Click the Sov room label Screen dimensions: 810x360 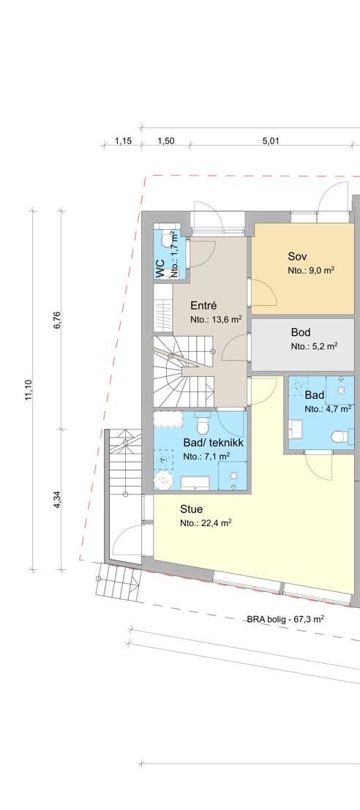click(x=297, y=256)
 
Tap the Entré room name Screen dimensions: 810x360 click(x=204, y=306)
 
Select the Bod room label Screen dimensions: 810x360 click(x=301, y=332)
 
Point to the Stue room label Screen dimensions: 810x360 click(x=191, y=509)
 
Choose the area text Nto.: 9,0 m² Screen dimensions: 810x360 click(x=311, y=270)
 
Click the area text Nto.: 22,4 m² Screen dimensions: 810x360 click(x=206, y=523)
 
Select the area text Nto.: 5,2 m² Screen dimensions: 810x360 click(x=314, y=346)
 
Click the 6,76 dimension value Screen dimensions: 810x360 click(x=57, y=322)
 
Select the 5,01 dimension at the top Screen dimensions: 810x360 click(x=271, y=142)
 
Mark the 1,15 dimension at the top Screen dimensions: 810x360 click(x=122, y=142)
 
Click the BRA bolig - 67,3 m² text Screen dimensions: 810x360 click(x=285, y=619)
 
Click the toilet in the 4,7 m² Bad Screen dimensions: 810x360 click(x=339, y=438)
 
